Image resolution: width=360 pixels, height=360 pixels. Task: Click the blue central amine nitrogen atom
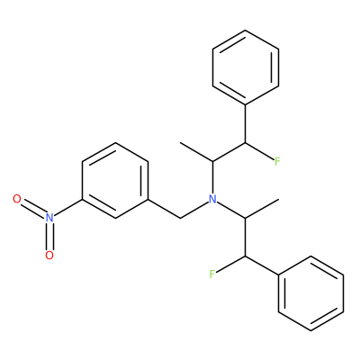[212, 199]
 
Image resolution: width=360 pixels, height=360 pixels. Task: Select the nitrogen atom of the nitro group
[49, 218]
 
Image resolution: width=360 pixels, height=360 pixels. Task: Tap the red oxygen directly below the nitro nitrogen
[49, 256]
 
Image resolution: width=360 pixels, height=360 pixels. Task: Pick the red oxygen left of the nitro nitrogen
[17, 199]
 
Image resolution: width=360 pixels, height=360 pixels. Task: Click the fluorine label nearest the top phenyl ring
[277, 162]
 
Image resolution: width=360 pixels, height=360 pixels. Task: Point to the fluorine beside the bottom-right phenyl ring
[212, 274]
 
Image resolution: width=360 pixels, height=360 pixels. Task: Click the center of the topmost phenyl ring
[246, 67]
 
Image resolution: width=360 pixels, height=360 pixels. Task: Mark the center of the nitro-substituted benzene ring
[115, 180]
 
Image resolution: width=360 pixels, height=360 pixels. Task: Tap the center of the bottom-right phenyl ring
[310, 293]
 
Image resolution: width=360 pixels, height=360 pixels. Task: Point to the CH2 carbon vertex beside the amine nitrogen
[180, 218]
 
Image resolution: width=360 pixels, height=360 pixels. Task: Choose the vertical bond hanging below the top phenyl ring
[246, 124]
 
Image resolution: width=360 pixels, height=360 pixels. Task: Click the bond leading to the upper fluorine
[260, 151]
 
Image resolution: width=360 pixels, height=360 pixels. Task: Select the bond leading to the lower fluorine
[230, 265]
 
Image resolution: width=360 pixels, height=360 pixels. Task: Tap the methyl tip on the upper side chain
[180, 143]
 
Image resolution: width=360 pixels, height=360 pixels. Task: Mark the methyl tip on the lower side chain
[278, 199]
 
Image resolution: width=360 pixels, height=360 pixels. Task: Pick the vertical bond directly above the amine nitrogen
[212, 178]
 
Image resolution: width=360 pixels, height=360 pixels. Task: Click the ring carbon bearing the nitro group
[83, 199]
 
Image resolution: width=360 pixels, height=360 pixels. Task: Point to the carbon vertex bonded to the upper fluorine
[246, 143]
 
